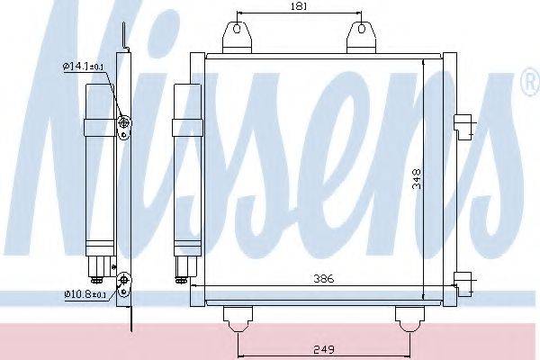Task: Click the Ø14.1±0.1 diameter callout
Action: tap(83, 66)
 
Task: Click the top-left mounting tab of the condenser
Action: tap(237, 38)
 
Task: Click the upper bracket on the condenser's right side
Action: tap(463, 126)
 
